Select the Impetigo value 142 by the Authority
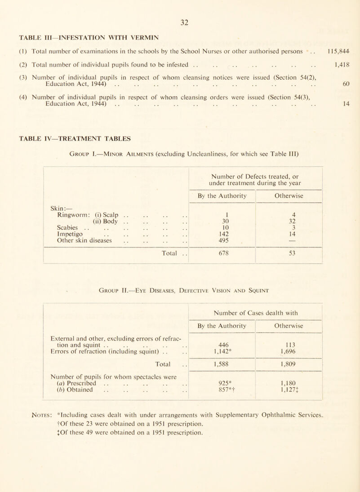click(x=220, y=239)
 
